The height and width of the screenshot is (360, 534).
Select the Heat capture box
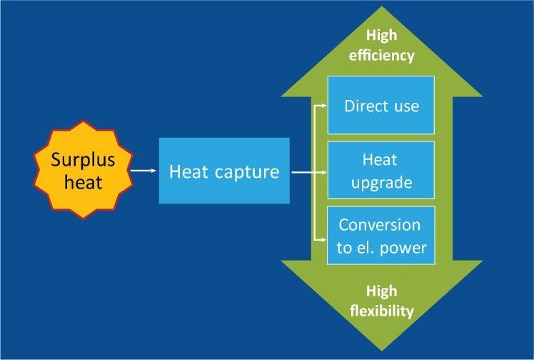click(224, 171)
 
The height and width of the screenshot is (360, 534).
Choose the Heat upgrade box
click(381, 170)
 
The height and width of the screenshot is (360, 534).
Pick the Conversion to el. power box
click(381, 235)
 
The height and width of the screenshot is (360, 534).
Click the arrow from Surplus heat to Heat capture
click(143, 171)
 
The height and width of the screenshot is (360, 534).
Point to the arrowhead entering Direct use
click(323, 106)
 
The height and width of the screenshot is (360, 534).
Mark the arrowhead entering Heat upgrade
click(323, 171)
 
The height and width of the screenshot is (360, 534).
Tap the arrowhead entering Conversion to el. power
click(323, 236)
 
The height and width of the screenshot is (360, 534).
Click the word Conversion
click(380, 224)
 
